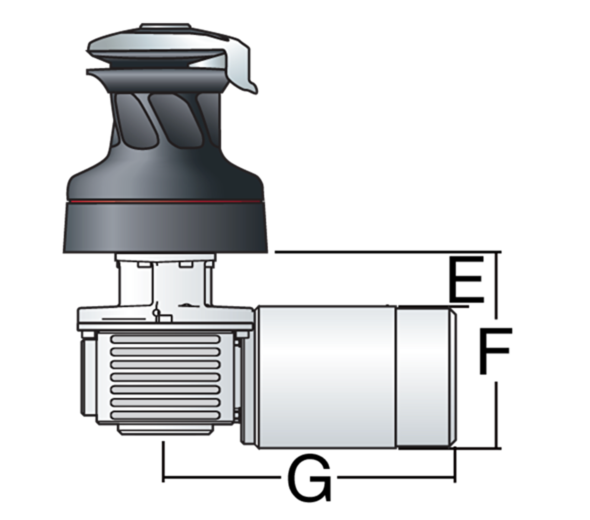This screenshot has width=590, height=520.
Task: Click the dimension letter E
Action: [466, 280]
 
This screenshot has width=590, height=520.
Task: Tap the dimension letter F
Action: [494, 351]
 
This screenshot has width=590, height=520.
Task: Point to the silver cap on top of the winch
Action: [165, 26]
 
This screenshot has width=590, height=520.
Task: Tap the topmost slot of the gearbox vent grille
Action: [165, 340]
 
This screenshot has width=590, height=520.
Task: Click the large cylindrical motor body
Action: [326, 377]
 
